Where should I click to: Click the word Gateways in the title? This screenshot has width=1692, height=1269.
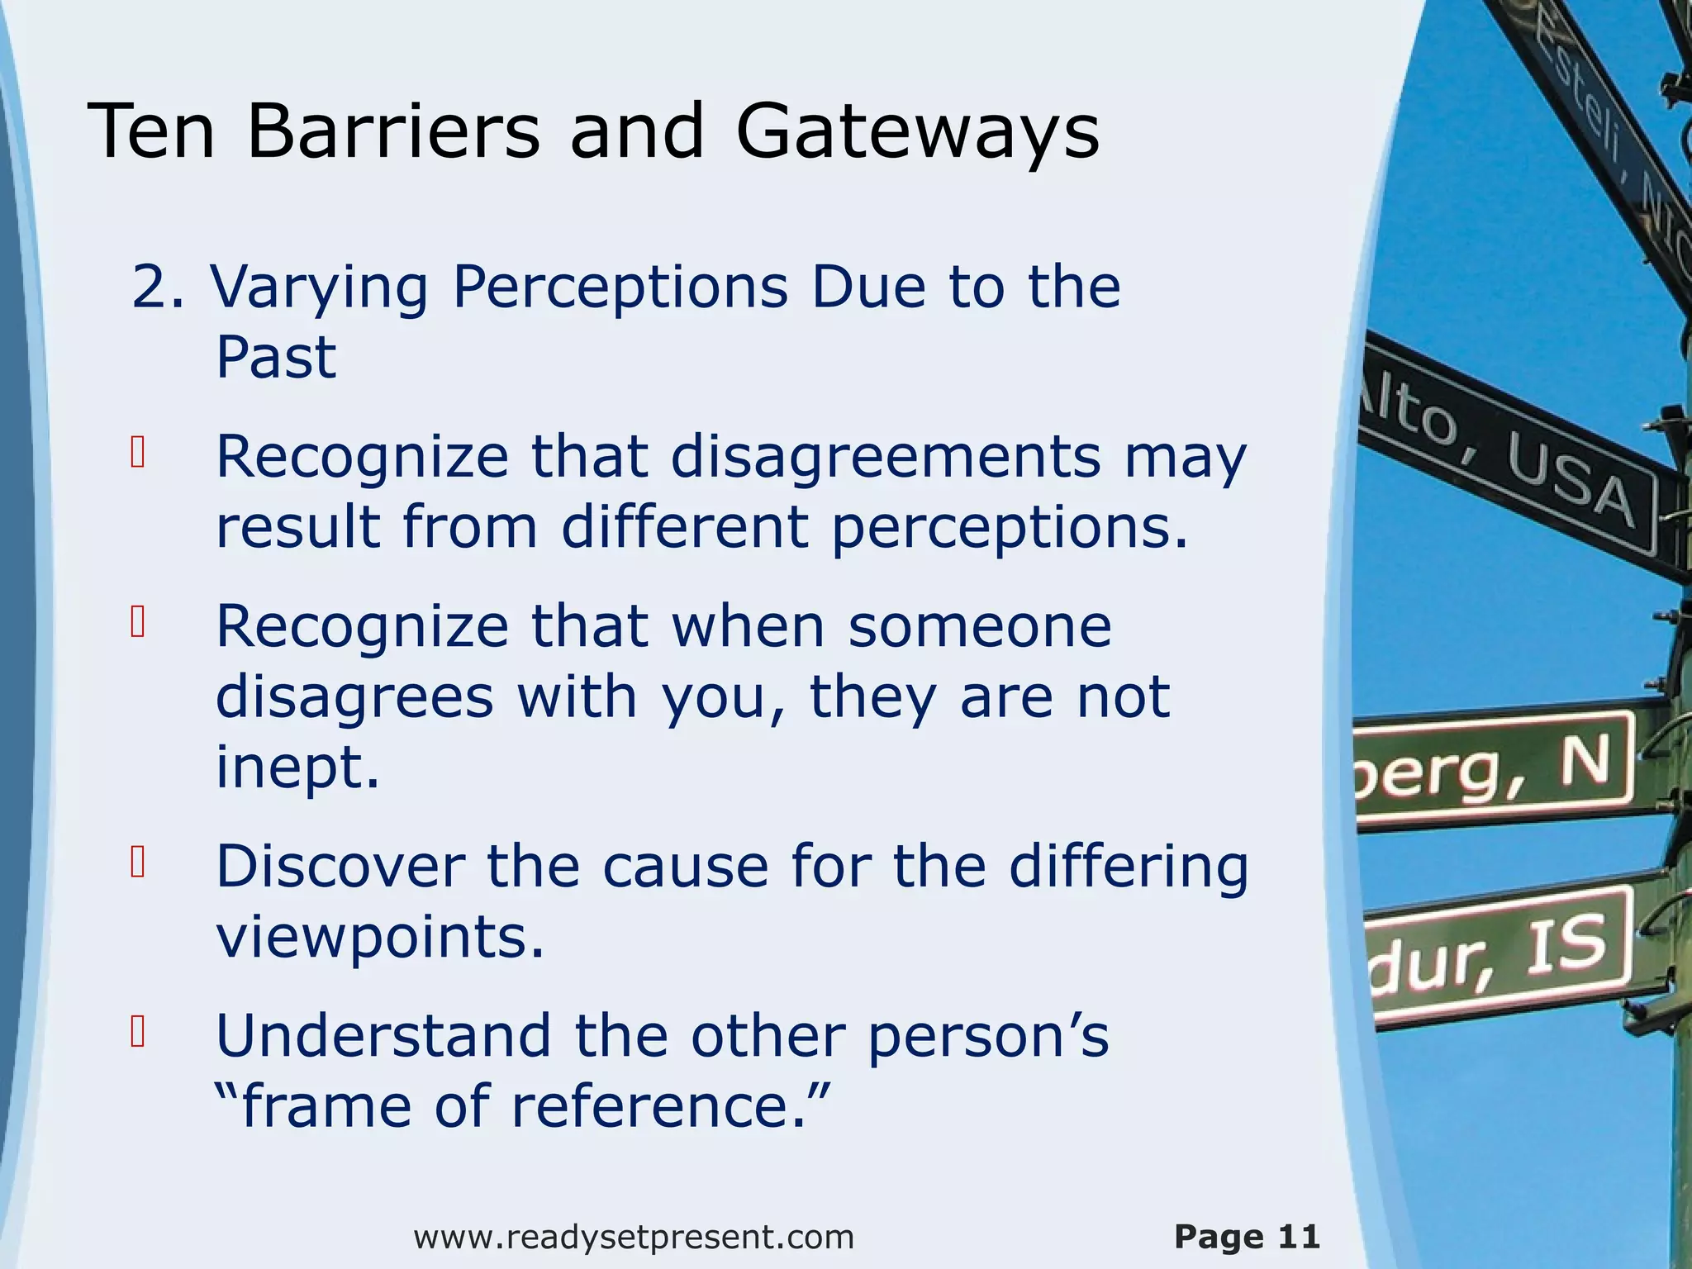click(917, 131)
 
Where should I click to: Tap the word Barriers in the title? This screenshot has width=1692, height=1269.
click(392, 131)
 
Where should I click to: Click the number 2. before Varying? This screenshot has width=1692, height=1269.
click(157, 288)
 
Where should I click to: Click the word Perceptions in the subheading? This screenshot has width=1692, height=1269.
click(620, 288)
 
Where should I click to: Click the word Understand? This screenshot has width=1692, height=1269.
click(383, 1035)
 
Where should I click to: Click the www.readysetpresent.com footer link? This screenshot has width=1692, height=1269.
click(634, 1237)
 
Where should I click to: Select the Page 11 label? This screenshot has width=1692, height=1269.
click(1247, 1237)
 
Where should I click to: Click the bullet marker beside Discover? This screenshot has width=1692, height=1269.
click(138, 863)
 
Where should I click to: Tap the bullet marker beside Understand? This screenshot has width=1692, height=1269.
click(138, 1032)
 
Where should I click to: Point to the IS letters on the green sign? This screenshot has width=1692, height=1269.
click(1566, 946)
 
